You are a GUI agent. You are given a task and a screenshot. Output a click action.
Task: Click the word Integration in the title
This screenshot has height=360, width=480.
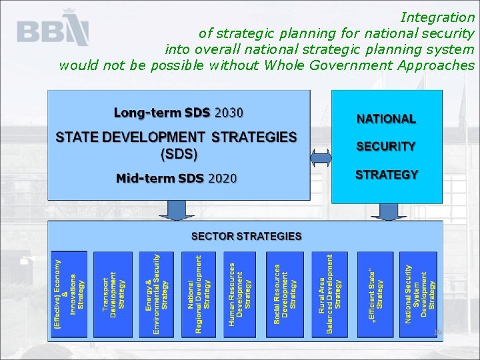pyautogui.click(x=437, y=17)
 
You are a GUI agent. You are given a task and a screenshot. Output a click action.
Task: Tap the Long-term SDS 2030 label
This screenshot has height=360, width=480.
pyautogui.click(x=178, y=112)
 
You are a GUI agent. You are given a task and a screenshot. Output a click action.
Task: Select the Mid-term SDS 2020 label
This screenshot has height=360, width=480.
pyautogui.click(x=176, y=178)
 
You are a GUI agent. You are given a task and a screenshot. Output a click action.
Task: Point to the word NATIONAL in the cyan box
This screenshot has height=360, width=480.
pyautogui.click(x=386, y=119)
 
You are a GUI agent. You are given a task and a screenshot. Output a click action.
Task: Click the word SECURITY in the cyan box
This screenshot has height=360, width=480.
pyautogui.click(x=386, y=146)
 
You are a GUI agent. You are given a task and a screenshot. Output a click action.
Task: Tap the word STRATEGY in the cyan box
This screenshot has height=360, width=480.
pyautogui.click(x=386, y=175)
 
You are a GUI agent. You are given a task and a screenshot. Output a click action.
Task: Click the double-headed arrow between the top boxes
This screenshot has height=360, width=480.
pyautogui.click(x=321, y=158)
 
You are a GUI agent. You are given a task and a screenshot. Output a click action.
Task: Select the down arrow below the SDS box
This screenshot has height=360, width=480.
pyautogui.click(x=176, y=211)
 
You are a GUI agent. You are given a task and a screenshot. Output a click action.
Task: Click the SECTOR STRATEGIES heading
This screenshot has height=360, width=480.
pyautogui.click(x=246, y=236)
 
